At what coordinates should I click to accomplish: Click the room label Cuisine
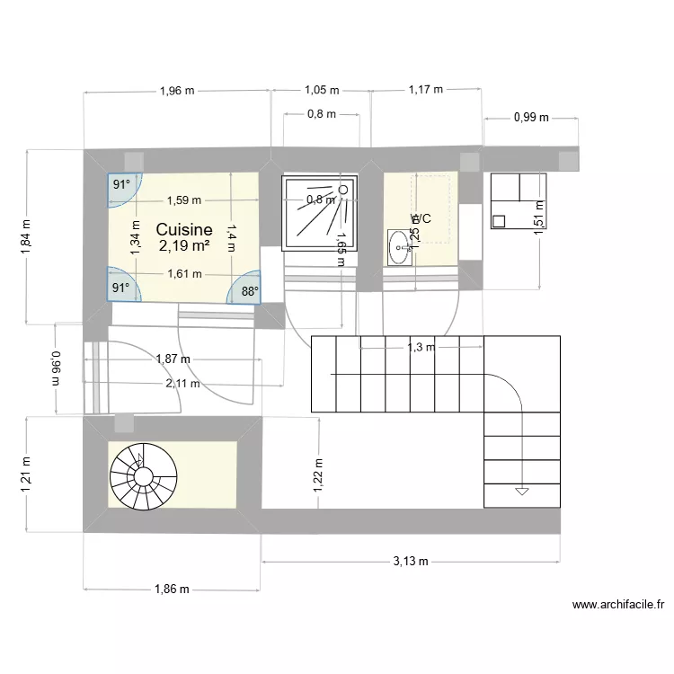[184, 229]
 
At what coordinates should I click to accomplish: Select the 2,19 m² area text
[184, 244]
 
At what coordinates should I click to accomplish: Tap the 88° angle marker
[249, 290]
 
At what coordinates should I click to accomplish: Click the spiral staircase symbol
[139, 473]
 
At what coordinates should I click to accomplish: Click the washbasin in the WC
[399, 247]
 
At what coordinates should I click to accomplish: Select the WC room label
[421, 218]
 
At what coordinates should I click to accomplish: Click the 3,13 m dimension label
[411, 562]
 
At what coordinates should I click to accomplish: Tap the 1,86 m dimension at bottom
[172, 590]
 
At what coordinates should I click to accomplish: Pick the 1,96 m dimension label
[176, 90]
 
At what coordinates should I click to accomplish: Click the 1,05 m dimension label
[322, 90]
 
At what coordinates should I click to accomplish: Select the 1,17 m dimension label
[426, 90]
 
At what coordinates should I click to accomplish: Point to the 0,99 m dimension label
[531, 117]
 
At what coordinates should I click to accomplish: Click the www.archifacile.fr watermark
[617, 606]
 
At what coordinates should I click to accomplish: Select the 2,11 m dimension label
[182, 384]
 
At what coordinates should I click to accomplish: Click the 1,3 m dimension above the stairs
[421, 347]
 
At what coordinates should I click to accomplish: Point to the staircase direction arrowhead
[520, 492]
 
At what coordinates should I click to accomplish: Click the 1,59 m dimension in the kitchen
[184, 200]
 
